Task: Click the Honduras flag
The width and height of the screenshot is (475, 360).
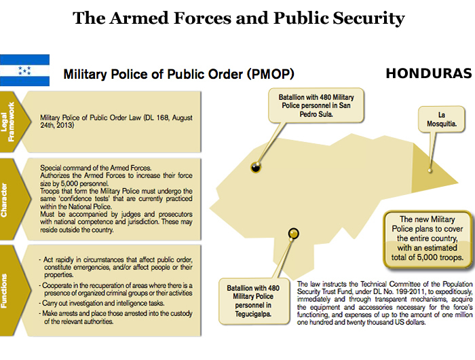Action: pos(24,70)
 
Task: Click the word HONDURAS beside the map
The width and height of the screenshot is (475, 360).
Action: pos(428,73)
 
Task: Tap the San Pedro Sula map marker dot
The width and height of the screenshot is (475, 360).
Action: pos(256,166)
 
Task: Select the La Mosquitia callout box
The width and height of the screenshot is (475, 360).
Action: pos(442,120)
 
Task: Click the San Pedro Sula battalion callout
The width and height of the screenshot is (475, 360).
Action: pos(316,106)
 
